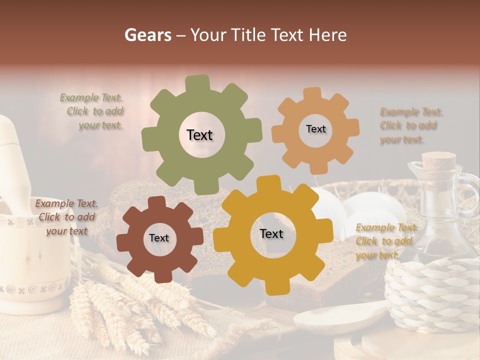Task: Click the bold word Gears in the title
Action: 147,35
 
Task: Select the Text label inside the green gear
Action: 199,135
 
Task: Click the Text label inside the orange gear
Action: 315,129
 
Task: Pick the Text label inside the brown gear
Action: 159,238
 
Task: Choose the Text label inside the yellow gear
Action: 271,233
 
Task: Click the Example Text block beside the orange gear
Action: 408,125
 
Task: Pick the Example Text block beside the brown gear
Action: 66,217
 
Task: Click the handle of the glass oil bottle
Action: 470,192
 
